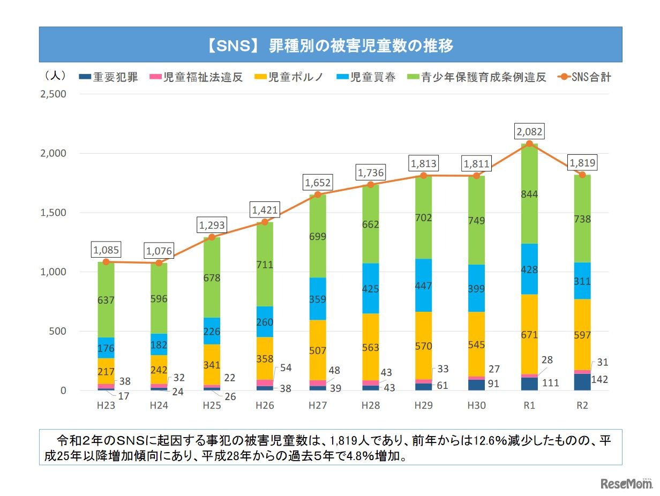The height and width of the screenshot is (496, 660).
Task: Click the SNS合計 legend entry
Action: tap(584, 77)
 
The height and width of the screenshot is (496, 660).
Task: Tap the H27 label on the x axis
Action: tap(318, 405)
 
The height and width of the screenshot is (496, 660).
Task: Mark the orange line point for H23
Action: tap(106, 262)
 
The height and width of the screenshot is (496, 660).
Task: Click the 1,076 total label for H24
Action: tap(159, 250)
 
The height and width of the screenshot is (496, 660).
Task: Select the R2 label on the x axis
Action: tap(581, 405)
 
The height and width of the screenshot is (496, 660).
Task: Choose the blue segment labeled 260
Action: tap(265, 322)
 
